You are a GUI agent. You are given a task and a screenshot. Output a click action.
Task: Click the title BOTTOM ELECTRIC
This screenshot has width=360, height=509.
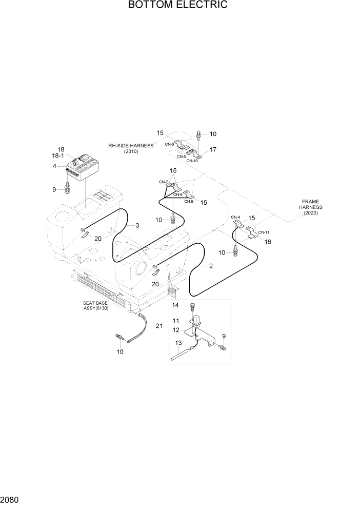[x=178, y=6]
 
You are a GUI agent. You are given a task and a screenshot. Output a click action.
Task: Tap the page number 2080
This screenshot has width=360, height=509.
[x=12, y=499]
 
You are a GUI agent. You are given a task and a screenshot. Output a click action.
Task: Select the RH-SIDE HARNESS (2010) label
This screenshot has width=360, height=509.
[x=131, y=148]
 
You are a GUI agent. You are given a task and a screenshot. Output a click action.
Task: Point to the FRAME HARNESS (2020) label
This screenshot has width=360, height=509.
[x=310, y=207]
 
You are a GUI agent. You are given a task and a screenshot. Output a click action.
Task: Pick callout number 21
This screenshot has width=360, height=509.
[x=159, y=326]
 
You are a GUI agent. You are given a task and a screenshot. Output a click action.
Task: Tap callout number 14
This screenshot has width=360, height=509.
[x=175, y=305]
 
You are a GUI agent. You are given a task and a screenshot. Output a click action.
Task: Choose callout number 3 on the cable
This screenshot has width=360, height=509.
[x=137, y=225]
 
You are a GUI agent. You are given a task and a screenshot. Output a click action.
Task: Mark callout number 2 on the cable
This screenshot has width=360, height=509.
[x=211, y=266]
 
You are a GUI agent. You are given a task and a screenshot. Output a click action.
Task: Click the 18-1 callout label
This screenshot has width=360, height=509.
[x=58, y=155]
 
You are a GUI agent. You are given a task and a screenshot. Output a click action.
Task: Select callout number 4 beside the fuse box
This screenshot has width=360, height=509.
[x=54, y=166]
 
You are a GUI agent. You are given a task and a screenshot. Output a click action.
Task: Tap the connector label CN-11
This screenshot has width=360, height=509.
[x=264, y=232]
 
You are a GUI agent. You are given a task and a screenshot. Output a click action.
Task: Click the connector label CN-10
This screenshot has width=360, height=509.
[x=192, y=161]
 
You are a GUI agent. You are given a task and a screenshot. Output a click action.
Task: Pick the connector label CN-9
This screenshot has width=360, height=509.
[x=188, y=202]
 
